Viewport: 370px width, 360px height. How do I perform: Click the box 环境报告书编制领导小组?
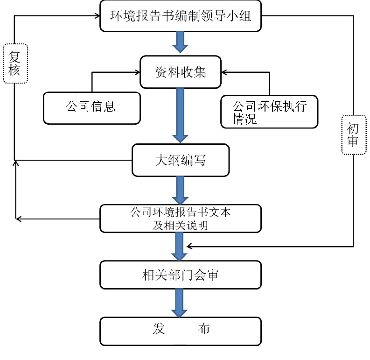pos(180,17)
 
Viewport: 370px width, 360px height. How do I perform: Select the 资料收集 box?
pos(180,72)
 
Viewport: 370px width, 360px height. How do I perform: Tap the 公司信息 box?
pos(91,107)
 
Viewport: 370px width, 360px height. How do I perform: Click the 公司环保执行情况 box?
pos(269,112)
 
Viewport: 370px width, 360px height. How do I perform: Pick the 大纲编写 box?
pos(180,160)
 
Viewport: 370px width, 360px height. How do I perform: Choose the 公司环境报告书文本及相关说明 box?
pos(180,219)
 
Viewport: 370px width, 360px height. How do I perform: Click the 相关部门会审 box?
pos(180,275)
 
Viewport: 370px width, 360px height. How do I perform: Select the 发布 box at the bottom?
pos(180,331)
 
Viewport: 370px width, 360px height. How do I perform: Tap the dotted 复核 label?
pos(15,64)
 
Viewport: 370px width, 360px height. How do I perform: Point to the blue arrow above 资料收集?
pos(180,42)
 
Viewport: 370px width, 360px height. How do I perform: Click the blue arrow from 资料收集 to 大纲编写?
pos(180,115)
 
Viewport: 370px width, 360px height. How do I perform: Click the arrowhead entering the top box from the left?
pos(97,16)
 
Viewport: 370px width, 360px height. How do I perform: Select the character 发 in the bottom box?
pos(159,329)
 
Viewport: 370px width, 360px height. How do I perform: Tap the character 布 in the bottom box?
pos(203,329)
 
